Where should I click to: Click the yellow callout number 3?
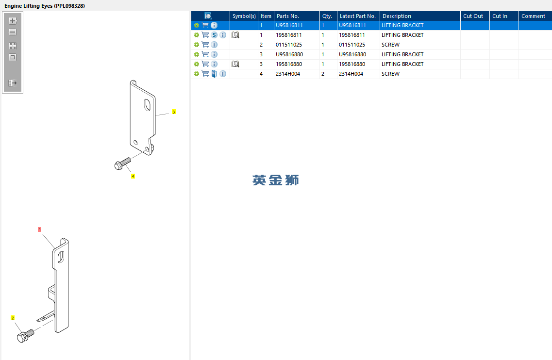(173, 112)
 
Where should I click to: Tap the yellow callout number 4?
(133, 176)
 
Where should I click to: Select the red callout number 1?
(39, 229)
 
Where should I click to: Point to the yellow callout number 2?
(13, 318)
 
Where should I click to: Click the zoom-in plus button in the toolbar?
(13, 21)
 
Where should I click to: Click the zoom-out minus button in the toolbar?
(13, 32)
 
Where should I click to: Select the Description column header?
(397, 16)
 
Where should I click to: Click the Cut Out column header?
(473, 16)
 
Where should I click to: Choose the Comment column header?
(533, 16)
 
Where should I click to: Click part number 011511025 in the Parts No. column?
(289, 45)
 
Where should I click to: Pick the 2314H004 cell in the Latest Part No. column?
(351, 74)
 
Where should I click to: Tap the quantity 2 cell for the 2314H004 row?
(323, 74)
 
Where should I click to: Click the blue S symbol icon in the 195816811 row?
(214, 35)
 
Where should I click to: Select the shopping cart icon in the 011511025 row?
(205, 45)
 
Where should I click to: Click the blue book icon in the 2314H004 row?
(214, 74)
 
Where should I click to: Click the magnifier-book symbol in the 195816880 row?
(235, 64)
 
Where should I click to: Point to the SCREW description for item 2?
(390, 45)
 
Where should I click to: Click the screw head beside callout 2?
(21, 338)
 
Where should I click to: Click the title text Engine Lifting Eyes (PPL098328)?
(45, 6)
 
